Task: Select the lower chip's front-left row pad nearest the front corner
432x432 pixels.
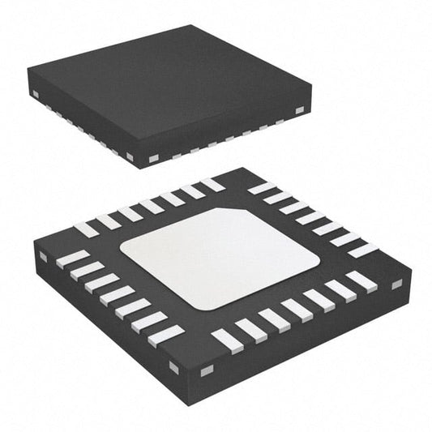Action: (x=166, y=335)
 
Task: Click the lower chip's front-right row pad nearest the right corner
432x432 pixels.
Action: (x=361, y=281)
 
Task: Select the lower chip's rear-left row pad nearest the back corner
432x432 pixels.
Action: (x=212, y=184)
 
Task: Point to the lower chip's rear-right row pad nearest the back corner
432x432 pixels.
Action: (x=262, y=188)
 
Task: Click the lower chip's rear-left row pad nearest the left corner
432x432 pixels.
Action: (x=86, y=230)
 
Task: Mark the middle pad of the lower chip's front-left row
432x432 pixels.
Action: (x=117, y=295)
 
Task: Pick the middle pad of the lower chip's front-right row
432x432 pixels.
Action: (x=296, y=309)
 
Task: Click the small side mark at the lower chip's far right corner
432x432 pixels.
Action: (x=396, y=284)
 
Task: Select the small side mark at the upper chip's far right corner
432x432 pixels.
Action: (x=298, y=110)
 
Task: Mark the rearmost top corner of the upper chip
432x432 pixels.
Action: (x=192, y=25)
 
